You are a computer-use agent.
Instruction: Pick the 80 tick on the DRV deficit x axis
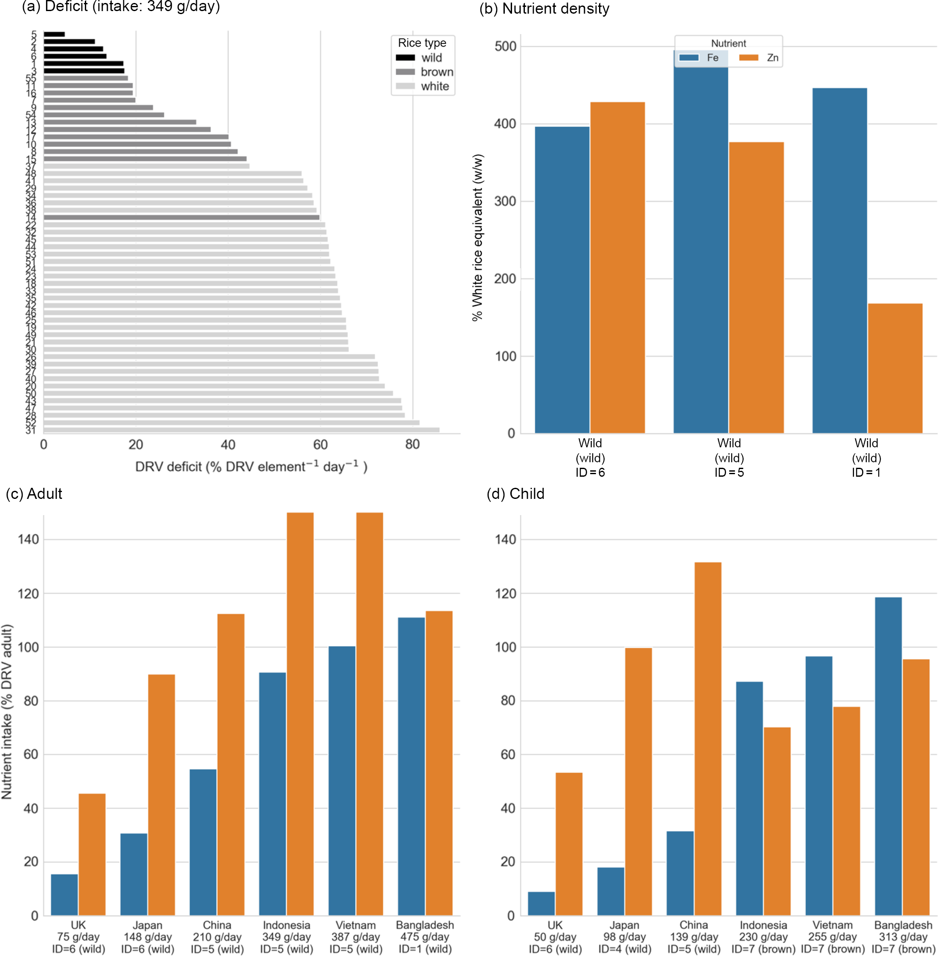point(412,444)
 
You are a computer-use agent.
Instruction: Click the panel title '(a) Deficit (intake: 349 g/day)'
point(121,7)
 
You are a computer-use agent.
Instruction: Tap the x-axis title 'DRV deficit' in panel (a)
point(251,466)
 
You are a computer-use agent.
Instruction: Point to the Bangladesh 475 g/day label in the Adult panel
point(425,937)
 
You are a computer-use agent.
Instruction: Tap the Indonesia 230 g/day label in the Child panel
point(763,937)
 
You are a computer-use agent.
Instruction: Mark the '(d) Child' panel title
point(515,494)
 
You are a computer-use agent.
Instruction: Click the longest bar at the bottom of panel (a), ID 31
point(241,430)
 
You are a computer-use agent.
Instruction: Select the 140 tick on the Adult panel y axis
point(28,539)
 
